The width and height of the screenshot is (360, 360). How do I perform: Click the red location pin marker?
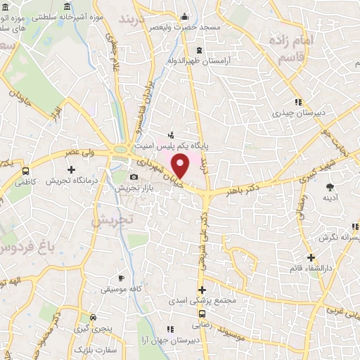click(x=181, y=165)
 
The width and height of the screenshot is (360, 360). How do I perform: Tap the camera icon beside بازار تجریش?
click(x=134, y=176)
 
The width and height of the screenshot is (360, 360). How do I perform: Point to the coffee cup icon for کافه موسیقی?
click(x=121, y=278)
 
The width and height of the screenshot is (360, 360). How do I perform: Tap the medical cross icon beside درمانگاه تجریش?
click(x=72, y=169)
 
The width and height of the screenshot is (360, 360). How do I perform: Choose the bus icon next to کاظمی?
click(x=26, y=171)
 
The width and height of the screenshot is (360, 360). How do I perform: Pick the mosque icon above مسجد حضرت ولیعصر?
click(x=184, y=17)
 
